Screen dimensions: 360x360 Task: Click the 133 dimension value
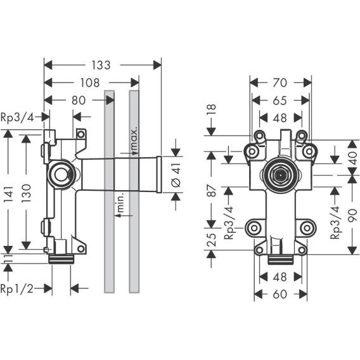pyautogui.click(x=101, y=65)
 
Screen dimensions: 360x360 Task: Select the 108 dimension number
pyautogui.click(x=90, y=82)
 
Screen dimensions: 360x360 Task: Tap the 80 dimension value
pyautogui.click(x=79, y=100)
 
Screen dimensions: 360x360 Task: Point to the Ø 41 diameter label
pyautogui.click(x=176, y=175)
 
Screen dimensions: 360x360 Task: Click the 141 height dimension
pyautogui.click(x=8, y=195)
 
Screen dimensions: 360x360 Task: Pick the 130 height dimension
pyautogui.click(x=26, y=193)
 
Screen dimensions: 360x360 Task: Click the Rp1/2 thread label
pyautogui.click(x=17, y=288)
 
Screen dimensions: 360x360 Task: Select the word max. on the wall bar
pyautogui.click(x=134, y=138)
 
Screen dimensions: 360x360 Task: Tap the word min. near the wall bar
pyautogui.click(x=120, y=202)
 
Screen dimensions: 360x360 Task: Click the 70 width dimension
pyautogui.click(x=280, y=82)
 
